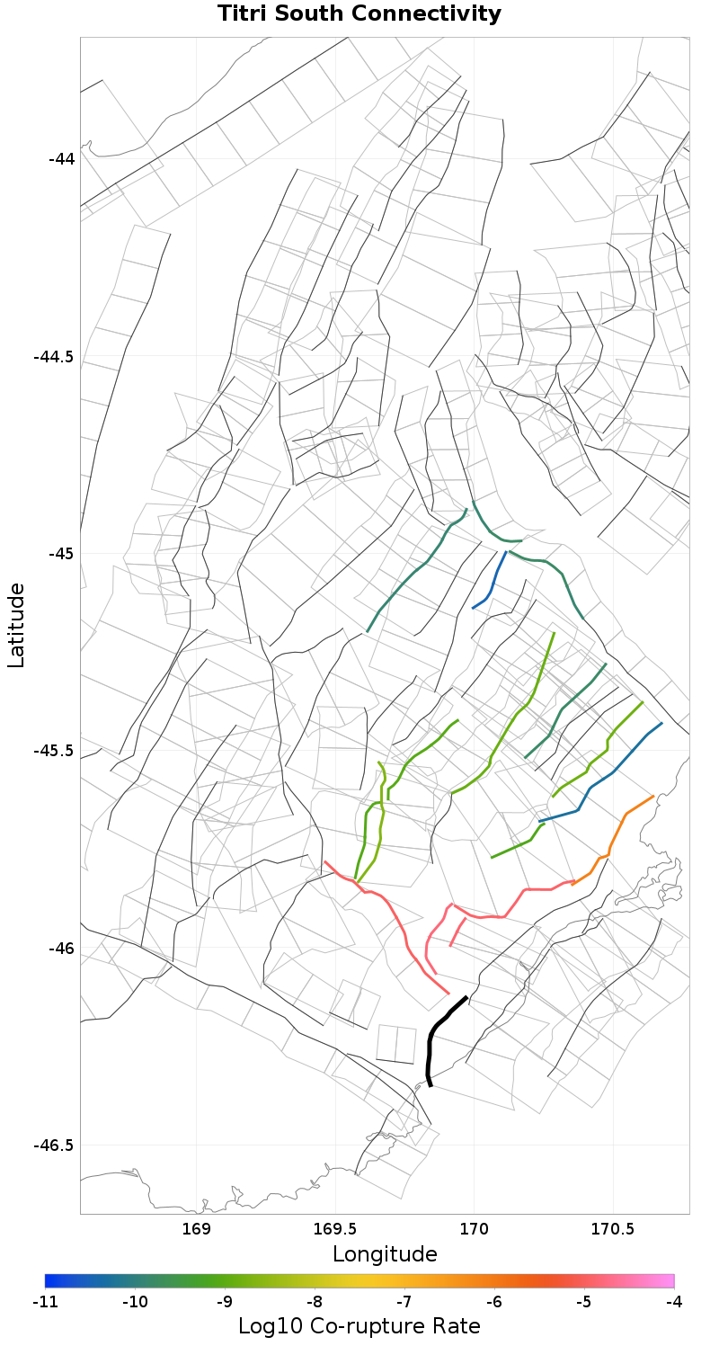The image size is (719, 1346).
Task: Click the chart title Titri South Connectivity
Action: [359, 14]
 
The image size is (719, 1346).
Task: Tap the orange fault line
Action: [615, 836]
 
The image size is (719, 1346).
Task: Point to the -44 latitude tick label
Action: [61, 159]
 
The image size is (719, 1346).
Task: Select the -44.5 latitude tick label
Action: [54, 356]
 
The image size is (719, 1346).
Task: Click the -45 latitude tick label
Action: [61, 553]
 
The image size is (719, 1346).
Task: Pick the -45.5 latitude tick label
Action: [54, 751]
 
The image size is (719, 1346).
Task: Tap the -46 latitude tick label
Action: [61, 948]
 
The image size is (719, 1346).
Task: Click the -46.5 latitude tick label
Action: [54, 1145]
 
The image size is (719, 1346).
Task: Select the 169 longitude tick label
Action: [196, 1228]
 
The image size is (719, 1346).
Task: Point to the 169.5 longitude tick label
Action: [335, 1228]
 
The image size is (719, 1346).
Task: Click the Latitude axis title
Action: [16, 625]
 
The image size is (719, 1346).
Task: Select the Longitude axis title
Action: [385, 1254]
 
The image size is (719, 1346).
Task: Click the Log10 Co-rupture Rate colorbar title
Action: [359, 1325]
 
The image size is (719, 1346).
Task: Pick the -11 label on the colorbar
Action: [45, 1301]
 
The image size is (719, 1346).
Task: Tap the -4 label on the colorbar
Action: [673, 1301]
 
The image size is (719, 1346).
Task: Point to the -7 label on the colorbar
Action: [404, 1301]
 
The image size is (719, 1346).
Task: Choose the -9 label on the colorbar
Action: [225, 1301]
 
